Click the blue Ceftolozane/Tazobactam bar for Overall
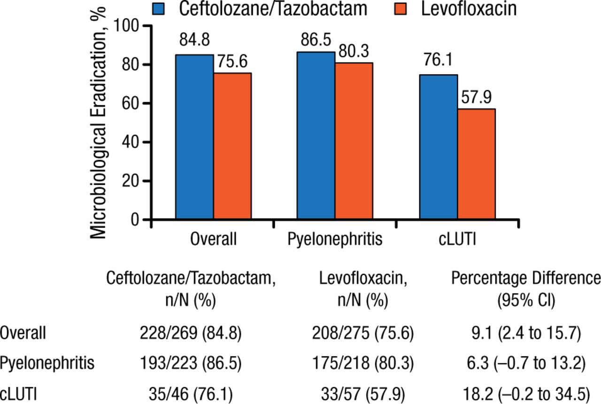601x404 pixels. (194, 137)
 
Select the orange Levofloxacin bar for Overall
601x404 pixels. (232, 146)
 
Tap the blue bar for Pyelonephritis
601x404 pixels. (316, 136)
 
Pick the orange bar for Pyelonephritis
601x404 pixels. (354, 141)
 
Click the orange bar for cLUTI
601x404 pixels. (476, 164)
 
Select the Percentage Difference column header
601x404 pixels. (526, 279)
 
